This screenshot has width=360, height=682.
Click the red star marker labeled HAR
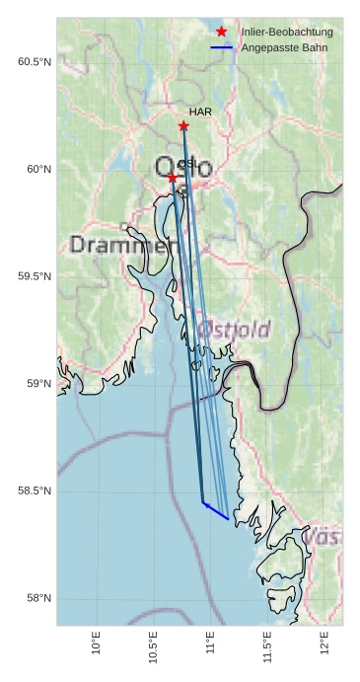click(183, 126)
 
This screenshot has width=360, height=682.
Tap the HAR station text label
click(200, 113)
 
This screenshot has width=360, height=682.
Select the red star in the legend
click(222, 32)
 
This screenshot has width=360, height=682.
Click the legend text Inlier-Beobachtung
click(287, 33)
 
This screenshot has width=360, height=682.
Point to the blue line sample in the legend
click(222, 47)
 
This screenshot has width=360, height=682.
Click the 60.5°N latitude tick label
click(35, 62)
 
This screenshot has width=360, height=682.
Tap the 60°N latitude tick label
click(39, 170)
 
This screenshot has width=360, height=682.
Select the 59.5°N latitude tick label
click(35, 276)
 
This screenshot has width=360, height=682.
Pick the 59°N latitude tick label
click(39, 384)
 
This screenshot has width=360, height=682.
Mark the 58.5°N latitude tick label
click(35, 492)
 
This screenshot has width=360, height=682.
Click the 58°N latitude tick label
click(39, 599)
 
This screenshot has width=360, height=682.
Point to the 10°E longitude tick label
click(96, 643)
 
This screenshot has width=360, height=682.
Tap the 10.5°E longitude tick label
click(153, 647)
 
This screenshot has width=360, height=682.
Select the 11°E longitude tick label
click(210, 643)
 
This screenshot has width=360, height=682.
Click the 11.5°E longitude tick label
click(267, 647)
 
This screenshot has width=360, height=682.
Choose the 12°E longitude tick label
click(324, 643)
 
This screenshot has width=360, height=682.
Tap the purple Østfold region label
click(234, 329)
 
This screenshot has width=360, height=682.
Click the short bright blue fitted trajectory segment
click(216, 510)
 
